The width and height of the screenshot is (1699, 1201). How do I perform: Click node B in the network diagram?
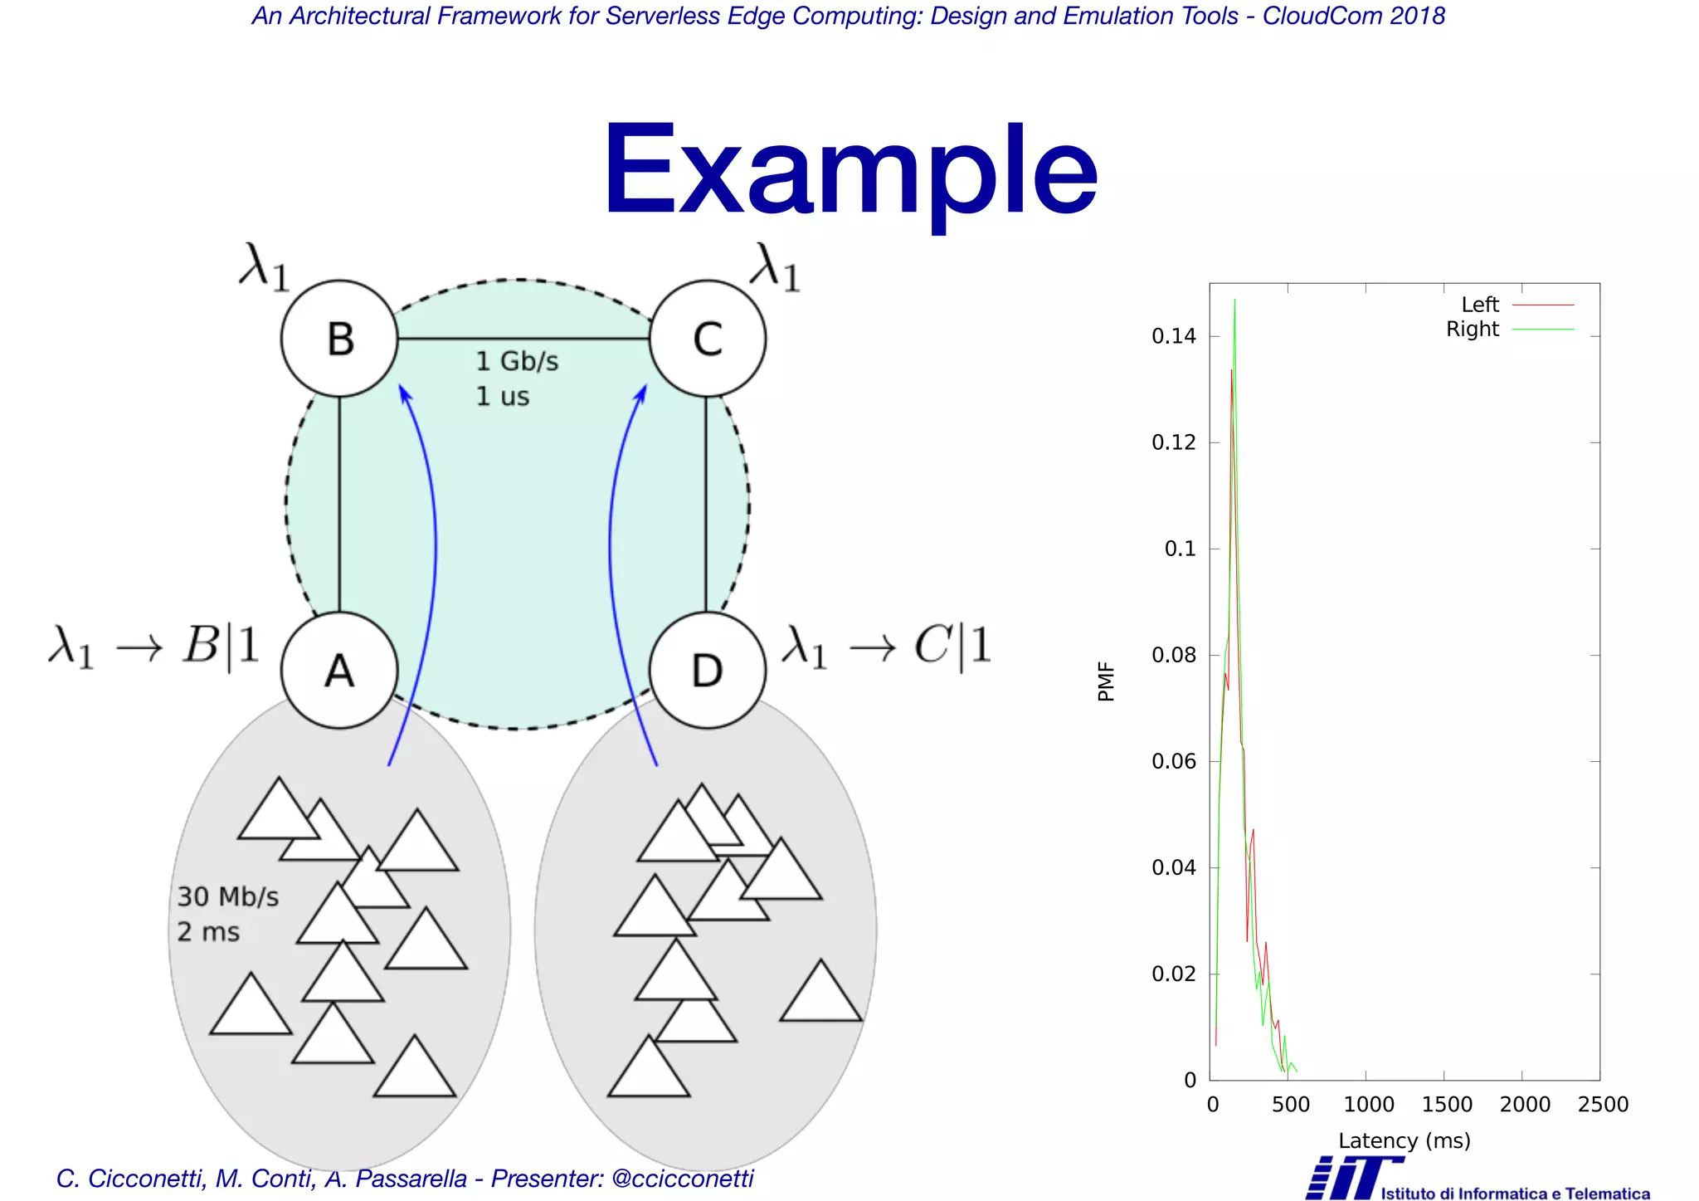click(339, 339)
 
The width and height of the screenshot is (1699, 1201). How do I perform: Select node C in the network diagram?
click(707, 339)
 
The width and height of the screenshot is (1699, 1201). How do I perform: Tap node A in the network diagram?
click(339, 671)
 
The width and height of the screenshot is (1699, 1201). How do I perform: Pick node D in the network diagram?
click(707, 671)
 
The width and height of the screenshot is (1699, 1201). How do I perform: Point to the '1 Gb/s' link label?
click(517, 362)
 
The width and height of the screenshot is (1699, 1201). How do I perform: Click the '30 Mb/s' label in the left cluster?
click(228, 897)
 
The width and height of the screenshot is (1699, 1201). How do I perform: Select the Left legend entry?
click(1481, 305)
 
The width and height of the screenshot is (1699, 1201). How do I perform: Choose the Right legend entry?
click(1473, 330)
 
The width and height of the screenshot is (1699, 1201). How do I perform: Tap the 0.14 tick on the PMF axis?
click(1174, 336)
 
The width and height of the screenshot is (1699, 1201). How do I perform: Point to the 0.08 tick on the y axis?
click(1174, 656)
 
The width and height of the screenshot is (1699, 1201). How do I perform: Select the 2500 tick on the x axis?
click(1603, 1105)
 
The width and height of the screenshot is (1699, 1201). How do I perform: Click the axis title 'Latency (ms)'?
click(1404, 1140)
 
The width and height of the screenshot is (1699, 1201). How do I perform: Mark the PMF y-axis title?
click(1106, 681)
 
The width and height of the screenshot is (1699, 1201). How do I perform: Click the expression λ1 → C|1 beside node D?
click(887, 647)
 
